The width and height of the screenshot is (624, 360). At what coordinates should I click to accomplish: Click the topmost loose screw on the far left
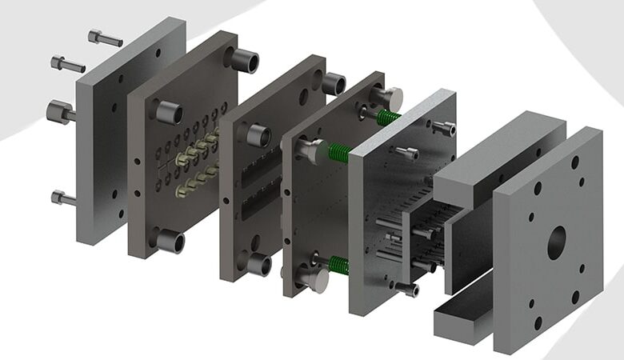point(104,38)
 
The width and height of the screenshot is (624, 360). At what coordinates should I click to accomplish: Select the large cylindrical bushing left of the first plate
point(60,112)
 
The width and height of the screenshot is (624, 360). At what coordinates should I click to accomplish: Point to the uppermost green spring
point(388,118)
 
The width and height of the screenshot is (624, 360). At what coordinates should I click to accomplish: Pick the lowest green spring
point(338,265)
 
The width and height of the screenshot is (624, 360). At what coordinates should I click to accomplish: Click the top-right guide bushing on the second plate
point(244,60)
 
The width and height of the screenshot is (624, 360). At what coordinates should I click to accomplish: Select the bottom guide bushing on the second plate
point(170,240)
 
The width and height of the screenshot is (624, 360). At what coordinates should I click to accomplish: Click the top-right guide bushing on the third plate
point(333,83)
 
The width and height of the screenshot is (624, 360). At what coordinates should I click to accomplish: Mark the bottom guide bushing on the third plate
point(258,264)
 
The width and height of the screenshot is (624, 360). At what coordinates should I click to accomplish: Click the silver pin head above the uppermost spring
point(387,98)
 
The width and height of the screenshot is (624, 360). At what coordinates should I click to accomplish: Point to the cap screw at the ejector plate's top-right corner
point(444,127)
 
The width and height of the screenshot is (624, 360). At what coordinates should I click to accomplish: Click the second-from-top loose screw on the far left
point(67,63)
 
